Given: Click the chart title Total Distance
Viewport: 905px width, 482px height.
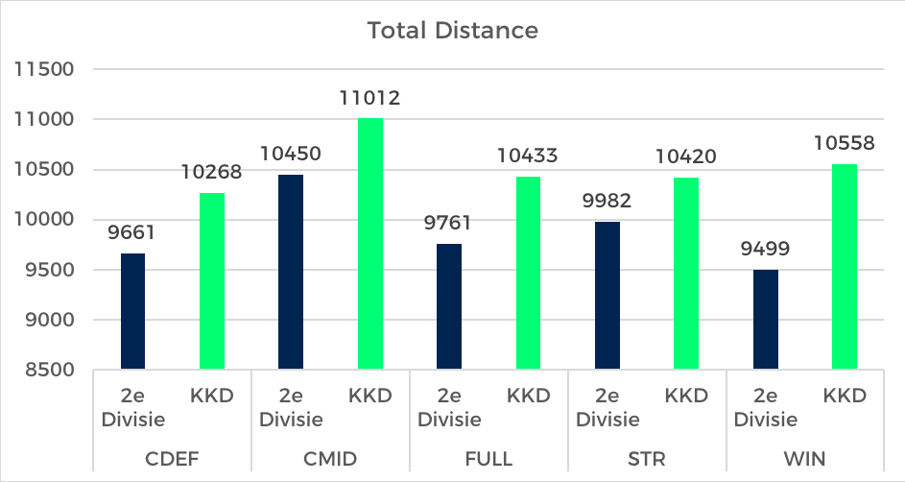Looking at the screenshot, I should tap(452, 31).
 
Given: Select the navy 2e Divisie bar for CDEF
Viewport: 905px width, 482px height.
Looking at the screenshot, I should tap(132, 311).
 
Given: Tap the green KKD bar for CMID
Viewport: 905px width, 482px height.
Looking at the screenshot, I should tap(369, 244).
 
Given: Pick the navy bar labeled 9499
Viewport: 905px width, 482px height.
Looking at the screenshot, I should tap(765, 320).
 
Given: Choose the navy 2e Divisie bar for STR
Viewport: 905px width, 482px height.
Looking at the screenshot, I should tap(607, 296).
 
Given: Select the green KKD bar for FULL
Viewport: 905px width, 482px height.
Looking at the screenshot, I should tap(528, 273).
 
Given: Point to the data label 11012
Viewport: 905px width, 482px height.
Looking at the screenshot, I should tap(369, 98).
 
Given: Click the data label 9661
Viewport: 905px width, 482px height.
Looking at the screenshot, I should tap(132, 232).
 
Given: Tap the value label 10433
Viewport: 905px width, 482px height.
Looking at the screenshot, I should tap(528, 156).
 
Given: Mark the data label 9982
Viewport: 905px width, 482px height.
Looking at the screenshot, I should tap(607, 201).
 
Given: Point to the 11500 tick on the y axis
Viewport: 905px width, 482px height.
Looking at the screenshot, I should tap(44, 70).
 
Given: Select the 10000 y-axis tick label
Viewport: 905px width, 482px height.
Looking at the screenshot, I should tap(44, 220).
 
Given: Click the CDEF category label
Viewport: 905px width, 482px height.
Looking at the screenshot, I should tap(172, 458).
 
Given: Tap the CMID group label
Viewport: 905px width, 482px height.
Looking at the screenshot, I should tap(330, 458).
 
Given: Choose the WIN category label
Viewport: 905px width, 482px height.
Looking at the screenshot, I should tap(804, 458).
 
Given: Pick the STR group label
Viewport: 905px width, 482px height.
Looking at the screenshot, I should tap(646, 458).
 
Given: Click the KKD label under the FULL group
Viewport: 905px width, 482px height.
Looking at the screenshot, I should tap(528, 396).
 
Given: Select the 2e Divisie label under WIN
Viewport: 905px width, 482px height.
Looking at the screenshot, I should tap(765, 407).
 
